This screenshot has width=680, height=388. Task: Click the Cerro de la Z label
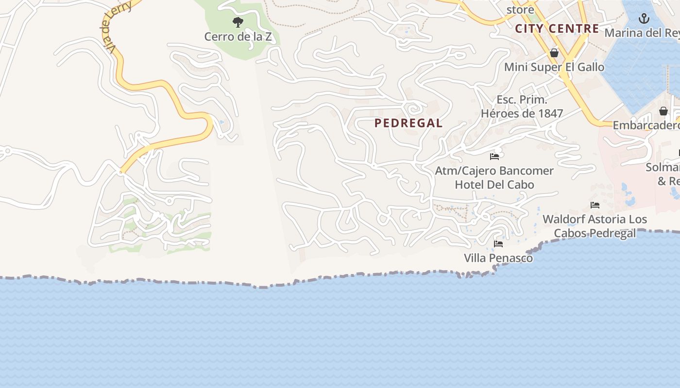[x=238, y=37]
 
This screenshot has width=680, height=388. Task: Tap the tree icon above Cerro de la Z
[x=238, y=22]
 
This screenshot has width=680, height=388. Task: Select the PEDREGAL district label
[x=408, y=123]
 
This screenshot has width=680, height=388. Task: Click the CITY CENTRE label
[x=557, y=29]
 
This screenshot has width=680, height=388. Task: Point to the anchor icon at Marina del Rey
[x=644, y=19]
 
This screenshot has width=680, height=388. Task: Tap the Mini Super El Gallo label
[x=554, y=67]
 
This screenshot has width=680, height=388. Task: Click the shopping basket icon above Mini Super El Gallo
[x=554, y=53]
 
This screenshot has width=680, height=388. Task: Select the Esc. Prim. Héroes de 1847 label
[x=522, y=107]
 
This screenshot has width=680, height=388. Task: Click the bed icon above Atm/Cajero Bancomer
[x=494, y=157]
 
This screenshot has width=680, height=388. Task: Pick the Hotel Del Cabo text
[x=494, y=185]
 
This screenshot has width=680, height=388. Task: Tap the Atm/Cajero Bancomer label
[x=494, y=171]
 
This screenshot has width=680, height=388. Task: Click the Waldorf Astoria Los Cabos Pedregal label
[x=595, y=226]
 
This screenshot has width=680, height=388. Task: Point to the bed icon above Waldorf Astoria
[x=595, y=205]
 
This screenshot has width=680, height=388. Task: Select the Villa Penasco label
[x=498, y=258]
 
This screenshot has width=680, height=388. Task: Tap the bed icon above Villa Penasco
[x=498, y=244]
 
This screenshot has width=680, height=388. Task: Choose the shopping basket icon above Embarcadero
[x=663, y=112]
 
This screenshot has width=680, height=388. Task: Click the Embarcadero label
[x=646, y=126]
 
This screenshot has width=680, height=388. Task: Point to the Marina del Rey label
[x=642, y=33]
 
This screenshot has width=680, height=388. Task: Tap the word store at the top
[x=520, y=10]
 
